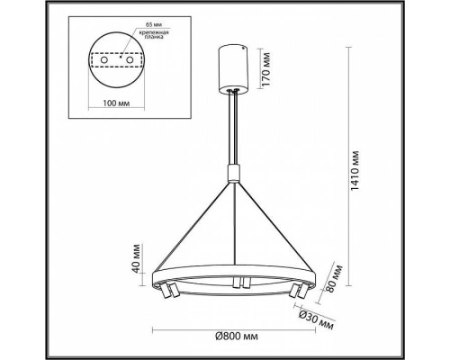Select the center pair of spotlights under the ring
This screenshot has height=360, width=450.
238,284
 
